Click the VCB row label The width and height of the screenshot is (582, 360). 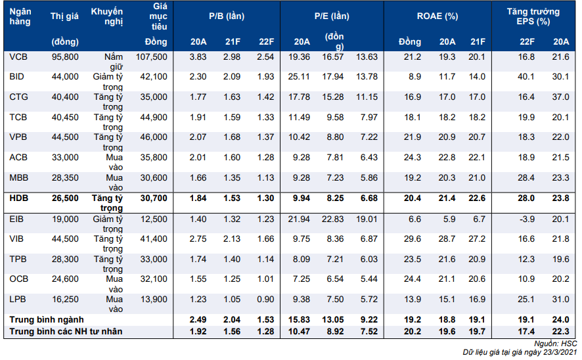pyautogui.click(x=18, y=57)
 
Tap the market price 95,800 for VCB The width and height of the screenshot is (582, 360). pyautogui.click(x=65, y=57)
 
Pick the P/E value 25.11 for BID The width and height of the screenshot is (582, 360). pyautogui.click(x=299, y=77)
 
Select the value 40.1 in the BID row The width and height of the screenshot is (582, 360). pyautogui.click(x=527, y=77)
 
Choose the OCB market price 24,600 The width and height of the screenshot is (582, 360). pyautogui.click(x=65, y=280)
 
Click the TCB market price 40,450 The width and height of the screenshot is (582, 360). pyautogui.click(x=65, y=118)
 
